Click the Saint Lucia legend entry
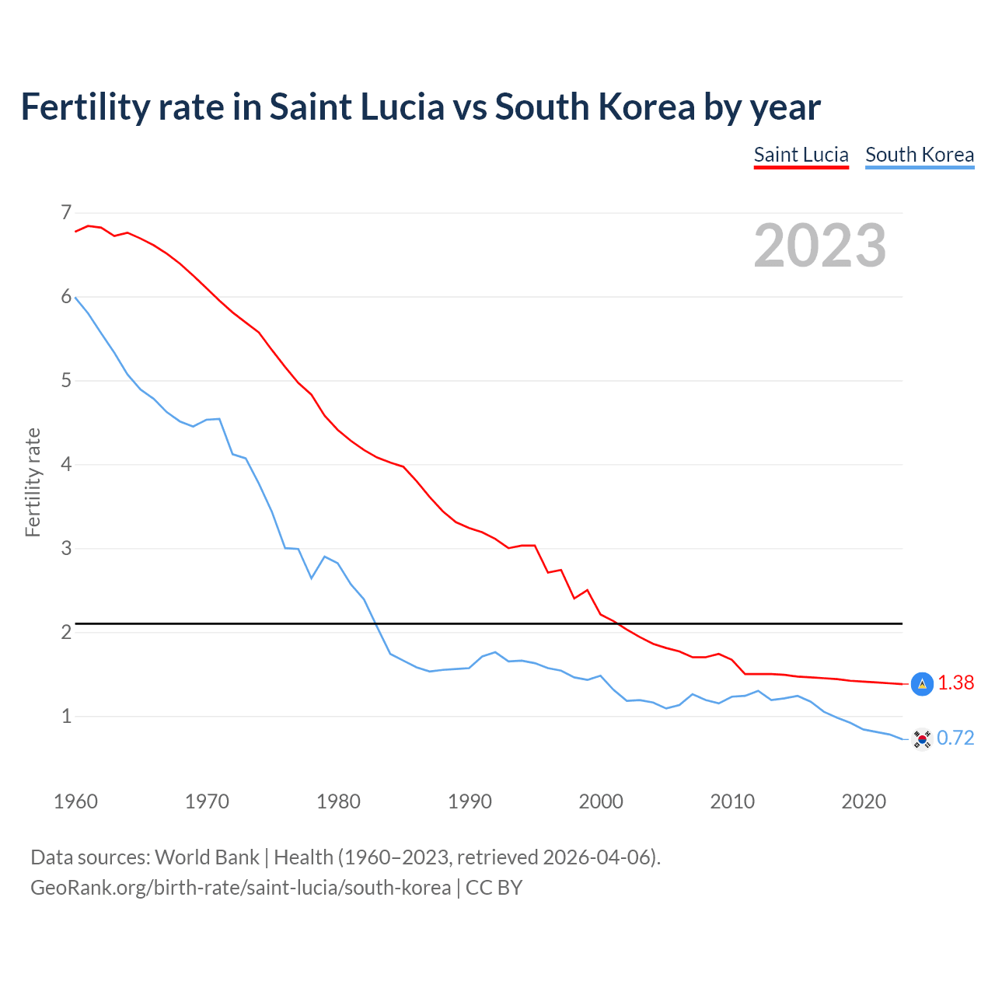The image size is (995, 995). tap(801, 155)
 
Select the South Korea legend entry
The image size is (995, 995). tap(920, 155)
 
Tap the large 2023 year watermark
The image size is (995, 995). tap(820, 246)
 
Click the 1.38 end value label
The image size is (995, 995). tap(955, 683)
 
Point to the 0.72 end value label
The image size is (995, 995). tap(955, 738)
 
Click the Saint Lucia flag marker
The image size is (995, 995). tap(922, 684)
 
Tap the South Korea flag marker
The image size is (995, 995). tap(922, 738)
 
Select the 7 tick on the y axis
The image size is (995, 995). tap(66, 212)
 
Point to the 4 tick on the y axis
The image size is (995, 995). tap(66, 464)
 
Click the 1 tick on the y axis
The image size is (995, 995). tap(66, 716)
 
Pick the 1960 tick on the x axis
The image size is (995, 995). tap(75, 801)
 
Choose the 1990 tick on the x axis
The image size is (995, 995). tap(470, 801)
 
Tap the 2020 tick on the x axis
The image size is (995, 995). tap(864, 801)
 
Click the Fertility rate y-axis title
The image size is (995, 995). tap(33, 482)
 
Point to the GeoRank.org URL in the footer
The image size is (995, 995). tap(240, 888)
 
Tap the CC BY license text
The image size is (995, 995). tap(494, 888)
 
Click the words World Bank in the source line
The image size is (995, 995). tap(207, 857)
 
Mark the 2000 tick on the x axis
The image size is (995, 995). tap(601, 801)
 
